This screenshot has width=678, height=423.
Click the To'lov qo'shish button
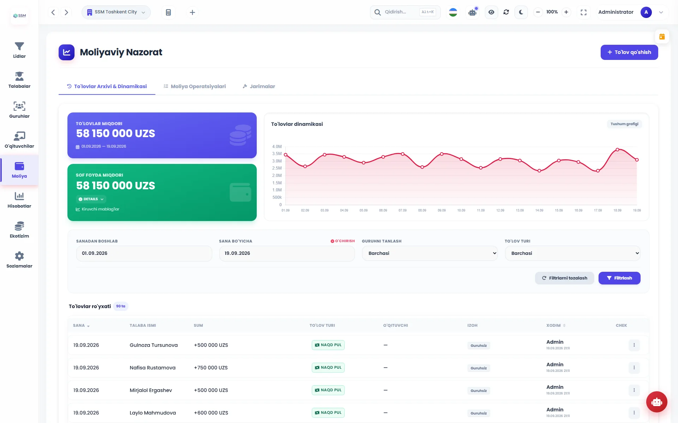coord(629,52)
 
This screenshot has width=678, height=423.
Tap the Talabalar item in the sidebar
coord(19,80)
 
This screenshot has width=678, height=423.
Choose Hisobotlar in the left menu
coord(19,200)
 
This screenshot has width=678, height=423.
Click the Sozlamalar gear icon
coord(19,256)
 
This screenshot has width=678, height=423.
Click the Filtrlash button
coord(619,278)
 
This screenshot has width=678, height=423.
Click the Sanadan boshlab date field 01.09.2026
coord(144,253)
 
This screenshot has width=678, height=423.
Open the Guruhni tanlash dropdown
coord(430,253)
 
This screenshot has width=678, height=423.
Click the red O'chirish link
coord(343,241)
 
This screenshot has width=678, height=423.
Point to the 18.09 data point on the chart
coord(617,150)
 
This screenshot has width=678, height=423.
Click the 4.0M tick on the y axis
coord(277,147)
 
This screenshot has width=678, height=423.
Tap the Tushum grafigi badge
coord(624,124)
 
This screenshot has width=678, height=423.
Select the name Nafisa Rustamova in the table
coord(153,368)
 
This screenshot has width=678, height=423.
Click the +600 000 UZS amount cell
coord(211,413)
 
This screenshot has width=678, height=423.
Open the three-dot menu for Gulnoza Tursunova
coord(634,345)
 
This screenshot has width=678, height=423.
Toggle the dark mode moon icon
coord(521,12)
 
